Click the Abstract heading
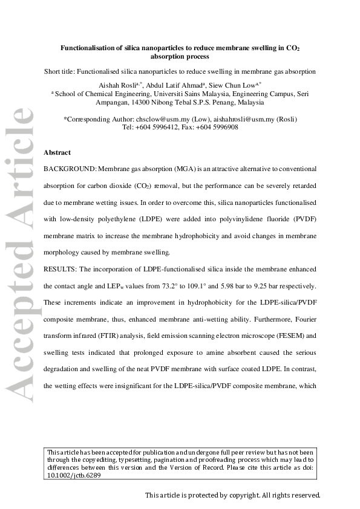click(x=57, y=152)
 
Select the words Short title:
click(x=63, y=71)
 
